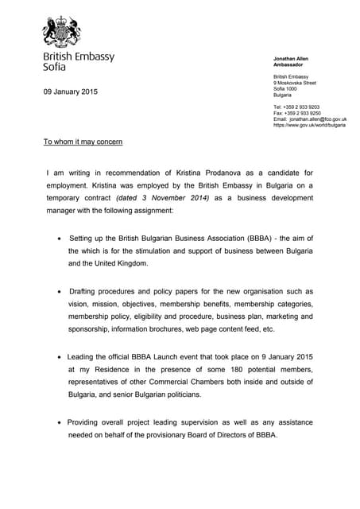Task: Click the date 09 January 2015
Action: (x=70, y=92)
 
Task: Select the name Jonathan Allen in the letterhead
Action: (x=292, y=58)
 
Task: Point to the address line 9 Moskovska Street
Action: (x=294, y=82)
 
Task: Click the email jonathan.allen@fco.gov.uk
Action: (x=317, y=119)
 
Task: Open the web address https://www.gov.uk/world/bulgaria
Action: (x=309, y=126)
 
